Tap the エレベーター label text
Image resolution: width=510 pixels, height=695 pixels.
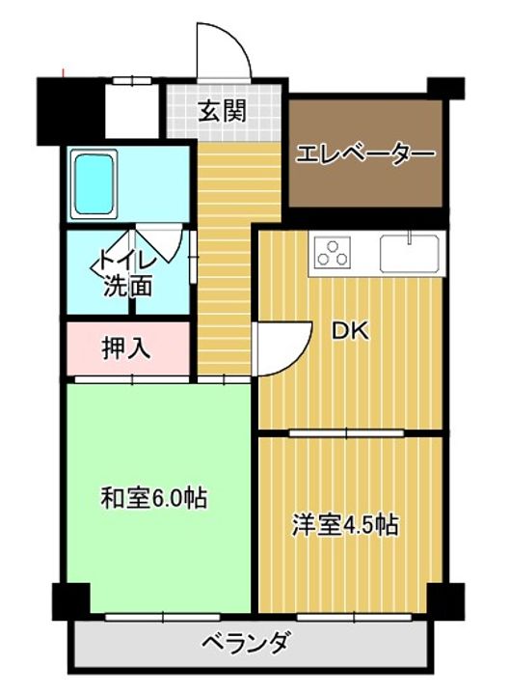[x=365, y=154]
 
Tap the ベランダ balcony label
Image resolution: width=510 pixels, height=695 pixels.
[x=246, y=642]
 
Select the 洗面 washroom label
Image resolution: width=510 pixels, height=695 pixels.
[x=128, y=286]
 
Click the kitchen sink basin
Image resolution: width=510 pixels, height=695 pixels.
[x=410, y=254]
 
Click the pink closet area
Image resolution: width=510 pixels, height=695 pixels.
[x=126, y=348]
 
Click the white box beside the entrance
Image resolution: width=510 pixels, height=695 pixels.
[x=131, y=112]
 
